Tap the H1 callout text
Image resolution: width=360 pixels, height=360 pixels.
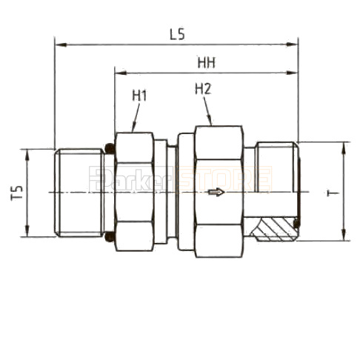coord(139,96)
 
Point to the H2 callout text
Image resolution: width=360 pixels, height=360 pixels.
coord(203,89)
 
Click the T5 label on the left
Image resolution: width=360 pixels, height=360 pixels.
coord(17,194)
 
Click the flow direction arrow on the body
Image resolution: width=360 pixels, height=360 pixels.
coord(216,194)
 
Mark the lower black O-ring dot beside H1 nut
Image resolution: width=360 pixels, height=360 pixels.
coord(110,239)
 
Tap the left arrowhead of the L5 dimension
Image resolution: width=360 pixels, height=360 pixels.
coord(59,44)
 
